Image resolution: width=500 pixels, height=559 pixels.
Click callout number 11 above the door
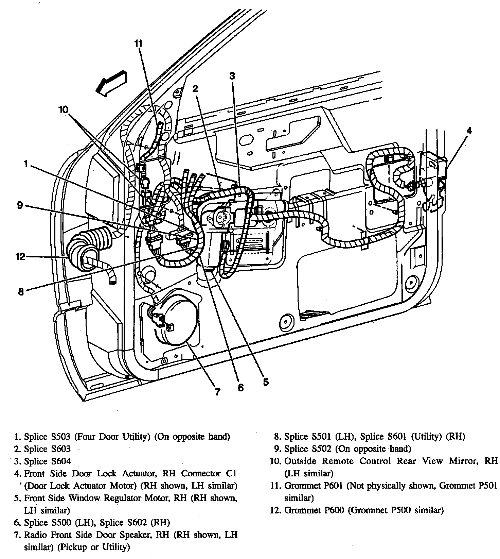click(138, 43)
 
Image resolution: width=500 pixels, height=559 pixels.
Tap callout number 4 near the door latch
click(469, 130)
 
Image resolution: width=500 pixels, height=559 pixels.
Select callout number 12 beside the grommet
click(21, 256)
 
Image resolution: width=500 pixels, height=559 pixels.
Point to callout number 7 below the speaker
click(217, 392)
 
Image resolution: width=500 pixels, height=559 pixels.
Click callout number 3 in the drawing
click(232, 76)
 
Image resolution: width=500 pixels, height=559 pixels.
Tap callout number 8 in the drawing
click(21, 291)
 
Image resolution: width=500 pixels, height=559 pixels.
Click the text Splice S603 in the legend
click(47, 449)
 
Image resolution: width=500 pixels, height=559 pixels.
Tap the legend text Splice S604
click(47, 461)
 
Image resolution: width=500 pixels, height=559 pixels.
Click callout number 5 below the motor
click(266, 382)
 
